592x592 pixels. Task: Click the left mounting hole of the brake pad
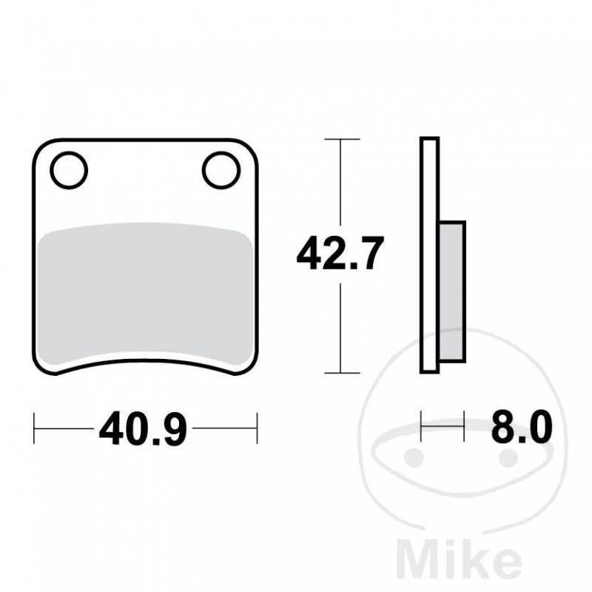coord(69,169)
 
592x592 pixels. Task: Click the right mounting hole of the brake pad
coord(221,169)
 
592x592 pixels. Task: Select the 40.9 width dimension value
coord(144,428)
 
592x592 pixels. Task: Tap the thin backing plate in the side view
coord(429,255)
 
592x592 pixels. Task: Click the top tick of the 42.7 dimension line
coord(340,139)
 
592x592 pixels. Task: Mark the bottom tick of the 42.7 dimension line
coord(340,372)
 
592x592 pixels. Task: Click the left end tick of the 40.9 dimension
coord(35,428)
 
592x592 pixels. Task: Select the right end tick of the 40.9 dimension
coord(256,428)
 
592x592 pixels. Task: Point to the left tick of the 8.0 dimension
coord(421,427)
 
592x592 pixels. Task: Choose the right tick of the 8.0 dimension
coord(464,427)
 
